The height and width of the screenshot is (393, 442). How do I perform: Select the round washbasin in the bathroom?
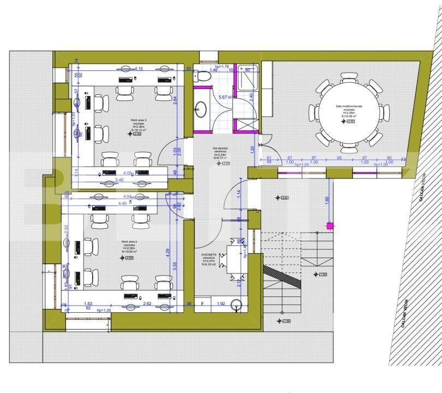pos(201,109)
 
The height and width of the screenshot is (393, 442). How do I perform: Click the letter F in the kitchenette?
pos(202,303)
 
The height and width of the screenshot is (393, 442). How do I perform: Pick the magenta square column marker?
pos(330,225)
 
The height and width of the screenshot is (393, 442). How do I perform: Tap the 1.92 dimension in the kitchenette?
pos(221,303)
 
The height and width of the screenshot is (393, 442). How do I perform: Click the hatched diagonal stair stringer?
pos(282,277)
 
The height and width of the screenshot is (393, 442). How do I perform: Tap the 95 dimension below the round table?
pos(339,158)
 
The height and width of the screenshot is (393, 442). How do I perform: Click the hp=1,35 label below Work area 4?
pos(104,310)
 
